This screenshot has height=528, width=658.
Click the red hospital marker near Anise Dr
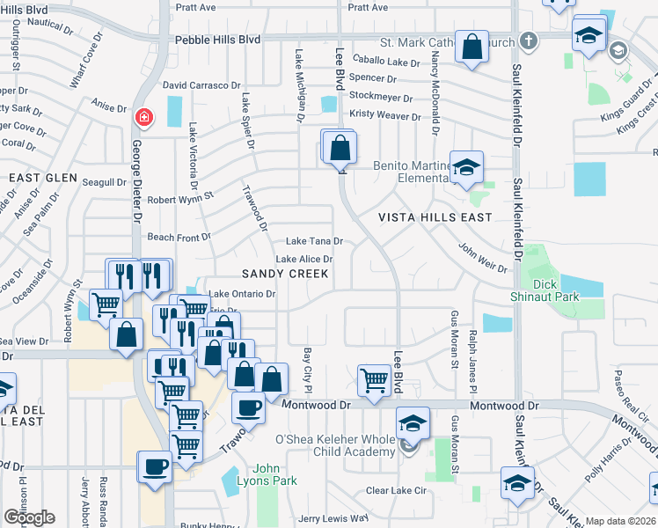pos(142,117)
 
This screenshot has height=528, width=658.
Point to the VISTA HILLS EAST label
pos(435,216)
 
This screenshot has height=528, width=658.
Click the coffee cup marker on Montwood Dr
pos(248,407)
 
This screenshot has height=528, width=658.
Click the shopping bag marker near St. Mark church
pos(472,47)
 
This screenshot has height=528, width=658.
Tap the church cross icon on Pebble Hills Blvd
pos(528,40)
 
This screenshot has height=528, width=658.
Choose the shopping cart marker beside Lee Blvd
pos(374,381)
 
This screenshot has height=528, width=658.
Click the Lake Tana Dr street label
pos(314,242)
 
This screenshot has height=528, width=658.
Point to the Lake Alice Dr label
pos(304,260)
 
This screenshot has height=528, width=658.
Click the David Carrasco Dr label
pos(201,85)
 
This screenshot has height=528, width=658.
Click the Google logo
pos(29,517)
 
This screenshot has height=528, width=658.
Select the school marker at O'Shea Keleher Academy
pos(413,424)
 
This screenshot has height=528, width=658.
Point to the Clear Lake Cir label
pos(395,490)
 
